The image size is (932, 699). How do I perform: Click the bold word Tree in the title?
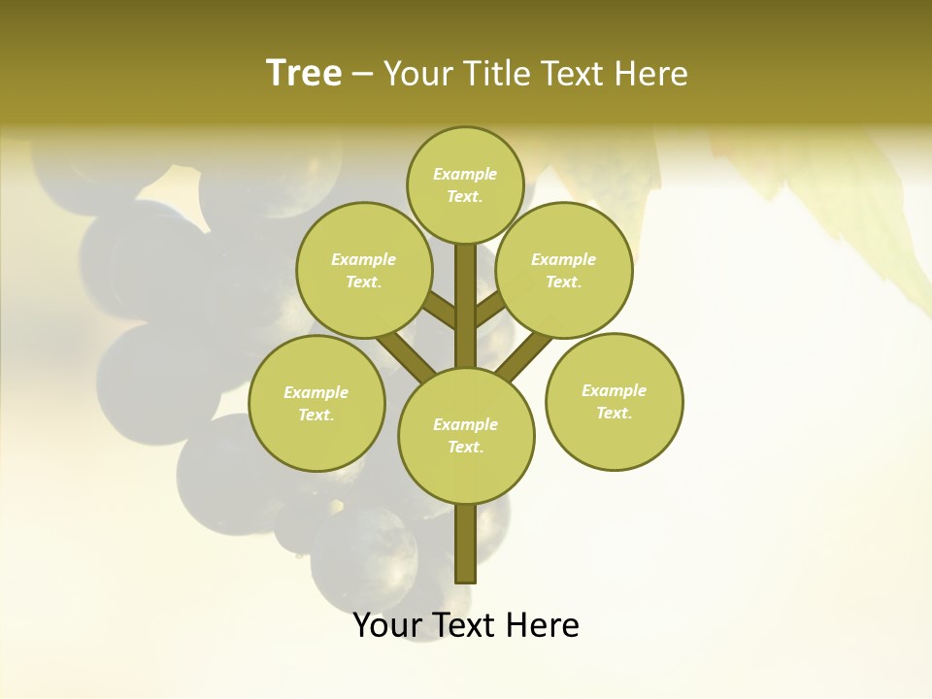click(x=304, y=74)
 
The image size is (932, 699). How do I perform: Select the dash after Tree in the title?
click(x=363, y=75)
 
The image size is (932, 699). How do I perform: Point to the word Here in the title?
click(x=651, y=74)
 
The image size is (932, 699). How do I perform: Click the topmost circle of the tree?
click(x=465, y=184)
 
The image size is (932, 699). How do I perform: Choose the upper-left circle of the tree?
click(x=364, y=270)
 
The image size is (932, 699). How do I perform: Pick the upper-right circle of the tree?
click(x=564, y=270)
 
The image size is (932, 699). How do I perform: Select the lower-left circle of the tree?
click(x=316, y=403)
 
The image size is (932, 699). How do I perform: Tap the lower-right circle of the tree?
click(x=615, y=401)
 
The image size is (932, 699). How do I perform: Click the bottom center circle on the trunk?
click(x=466, y=435)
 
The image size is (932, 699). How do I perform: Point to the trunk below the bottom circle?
click(x=466, y=544)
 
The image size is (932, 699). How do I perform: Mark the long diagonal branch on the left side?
click(x=406, y=355)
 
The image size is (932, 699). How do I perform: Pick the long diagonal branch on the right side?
click(x=525, y=355)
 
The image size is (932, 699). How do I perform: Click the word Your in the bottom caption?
click(x=386, y=625)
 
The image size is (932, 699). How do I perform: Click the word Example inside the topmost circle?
click(x=465, y=175)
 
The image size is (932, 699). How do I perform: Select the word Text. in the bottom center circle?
click(x=465, y=447)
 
